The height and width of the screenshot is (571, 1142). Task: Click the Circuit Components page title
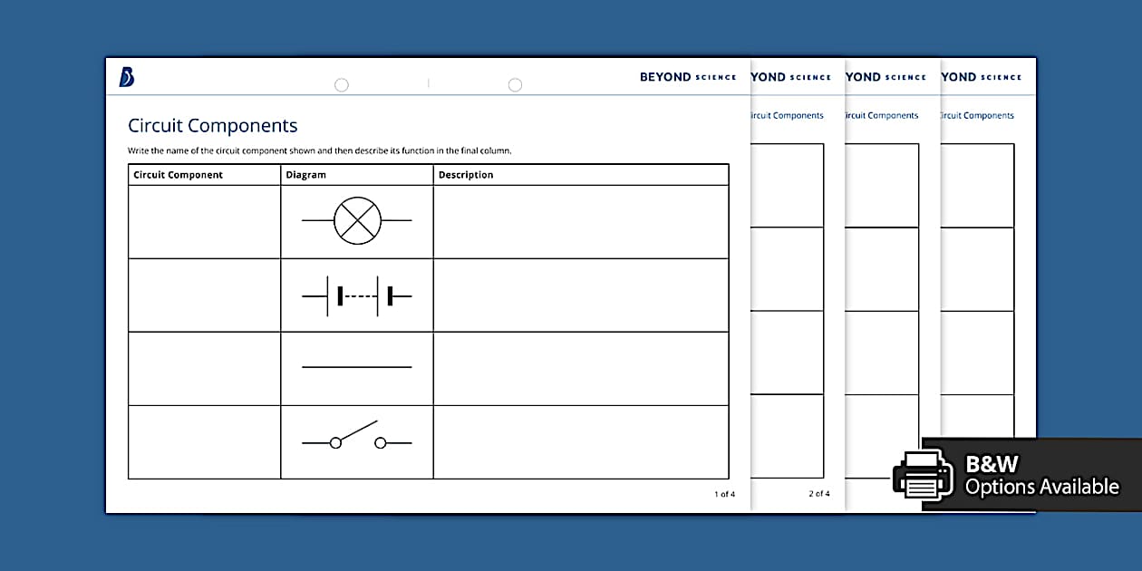(x=212, y=126)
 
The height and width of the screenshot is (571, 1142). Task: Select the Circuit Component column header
(x=178, y=175)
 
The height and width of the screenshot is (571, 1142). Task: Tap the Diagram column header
(x=305, y=175)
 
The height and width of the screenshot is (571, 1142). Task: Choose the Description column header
(x=466, y=175)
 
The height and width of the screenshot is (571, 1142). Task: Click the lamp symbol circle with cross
(x=357, y=221)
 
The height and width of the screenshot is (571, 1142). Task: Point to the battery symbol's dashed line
(x=360, y=295)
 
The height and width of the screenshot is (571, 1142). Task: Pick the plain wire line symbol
(x=356, y=367)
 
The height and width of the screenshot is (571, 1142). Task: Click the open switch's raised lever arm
(x=358, y=430)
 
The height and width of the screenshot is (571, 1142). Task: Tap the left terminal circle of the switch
(x=335, y=442)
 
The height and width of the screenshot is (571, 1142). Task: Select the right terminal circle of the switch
(x=381, y=442)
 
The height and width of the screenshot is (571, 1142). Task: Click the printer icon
(x=923, y=474)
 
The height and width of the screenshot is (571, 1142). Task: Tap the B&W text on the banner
(x=992, y=464)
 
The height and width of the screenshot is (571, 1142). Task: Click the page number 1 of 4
(x=724, y=494)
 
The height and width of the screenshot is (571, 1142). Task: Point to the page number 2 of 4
(x=818, y=494)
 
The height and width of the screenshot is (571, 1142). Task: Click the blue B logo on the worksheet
(x=127, y=78)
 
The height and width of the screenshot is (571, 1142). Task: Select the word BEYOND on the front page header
(x=665, y=77)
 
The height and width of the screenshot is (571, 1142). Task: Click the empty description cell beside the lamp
(x=580, y=222)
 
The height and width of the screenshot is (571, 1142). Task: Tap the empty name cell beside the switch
(x=204, y=442)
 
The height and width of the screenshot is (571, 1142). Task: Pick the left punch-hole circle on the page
(x=342, y=85)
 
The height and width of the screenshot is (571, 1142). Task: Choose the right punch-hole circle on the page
(x=515, y=85)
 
